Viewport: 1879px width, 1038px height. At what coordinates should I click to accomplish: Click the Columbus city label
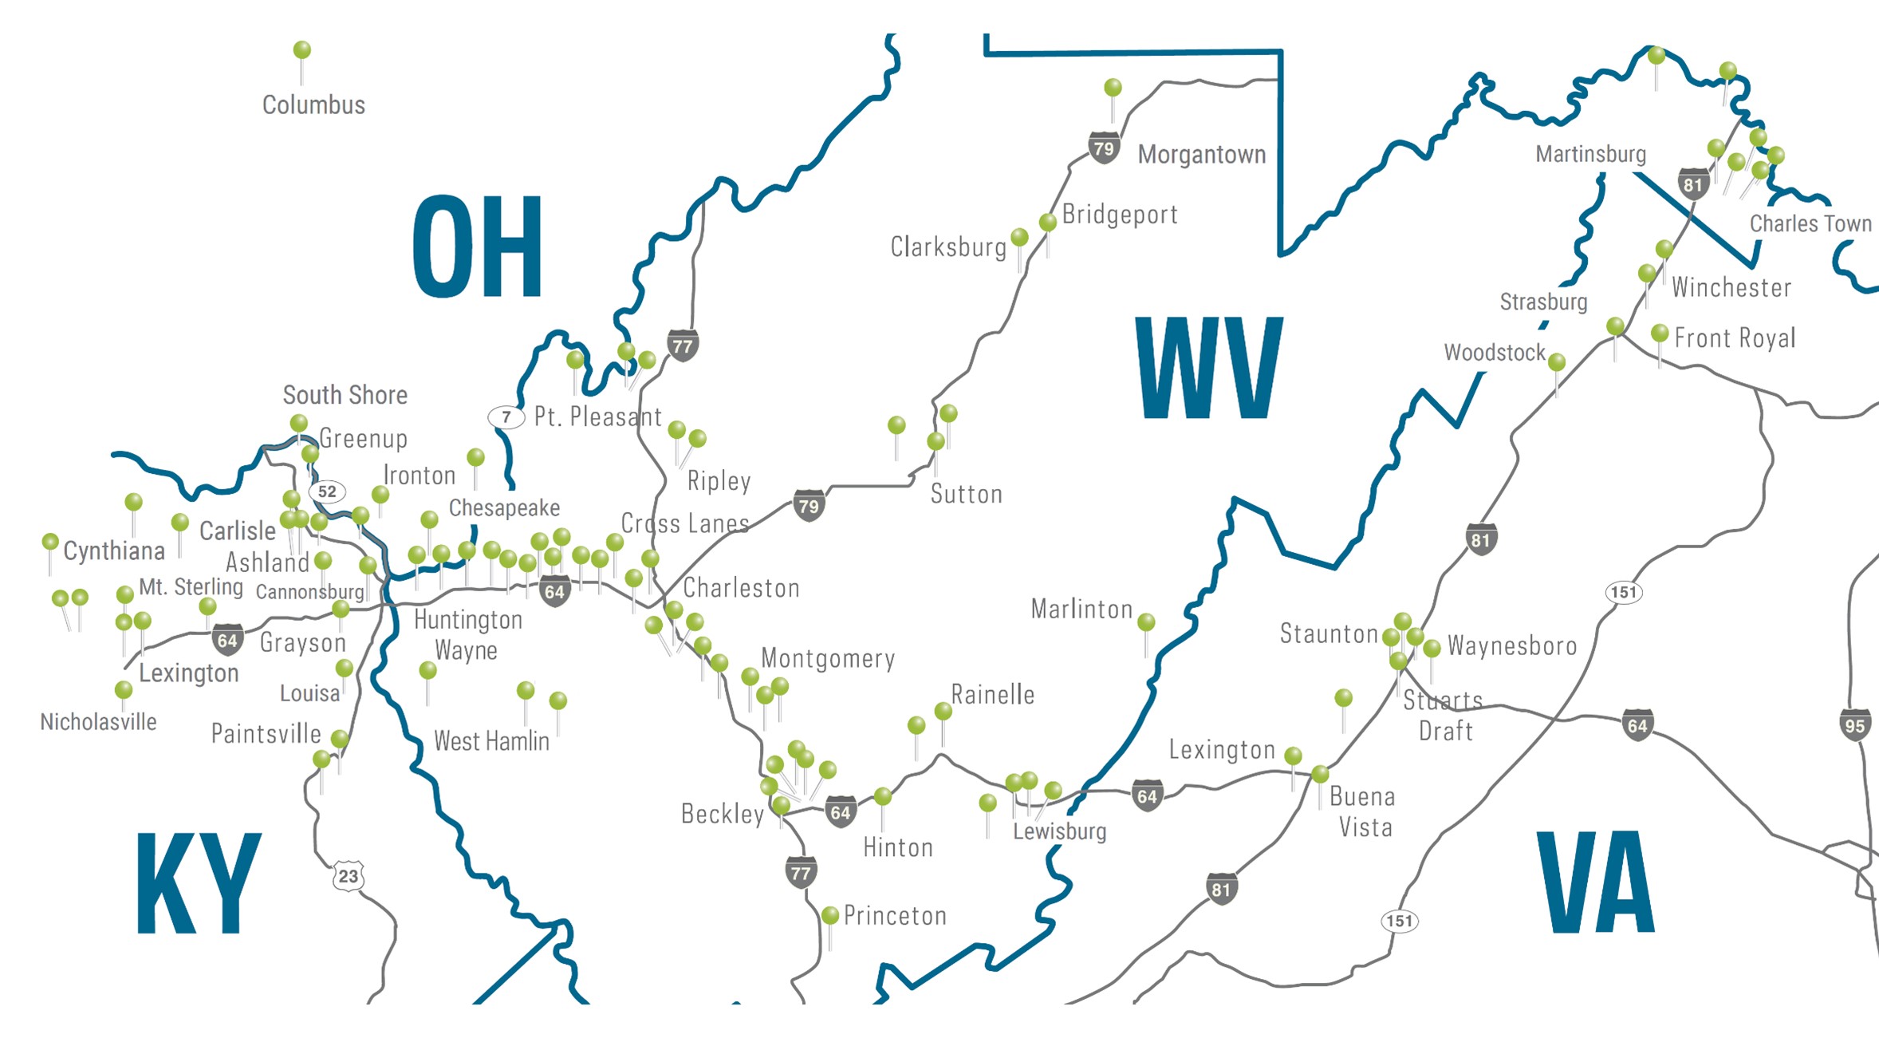coord(313,105)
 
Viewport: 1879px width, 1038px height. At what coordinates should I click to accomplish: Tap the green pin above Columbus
coord(301,50)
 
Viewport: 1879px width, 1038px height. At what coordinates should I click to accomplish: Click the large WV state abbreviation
coord(1209,369)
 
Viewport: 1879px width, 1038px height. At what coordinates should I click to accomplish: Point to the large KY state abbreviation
coord(199,883)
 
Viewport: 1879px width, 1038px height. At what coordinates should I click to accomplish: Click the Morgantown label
coord(1201,154)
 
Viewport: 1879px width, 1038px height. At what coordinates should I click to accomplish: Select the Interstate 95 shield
coord(1855,725)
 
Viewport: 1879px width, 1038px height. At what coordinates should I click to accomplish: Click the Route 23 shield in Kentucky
coord(348,876)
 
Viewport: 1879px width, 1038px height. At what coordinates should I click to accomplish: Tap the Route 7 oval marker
coord(506,416)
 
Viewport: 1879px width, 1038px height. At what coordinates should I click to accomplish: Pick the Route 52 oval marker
coord(327,491)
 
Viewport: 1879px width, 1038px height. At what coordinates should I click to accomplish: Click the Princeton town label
coord(895,916)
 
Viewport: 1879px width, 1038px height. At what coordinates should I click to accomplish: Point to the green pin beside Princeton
coord(829,914)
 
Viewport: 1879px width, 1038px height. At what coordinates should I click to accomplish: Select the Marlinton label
coord(1081,610)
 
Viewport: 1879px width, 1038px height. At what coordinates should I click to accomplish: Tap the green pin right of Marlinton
coord(1146,622)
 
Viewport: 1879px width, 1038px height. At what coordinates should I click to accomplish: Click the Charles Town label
coord(1810,223)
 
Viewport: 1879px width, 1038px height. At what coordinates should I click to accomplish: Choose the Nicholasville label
coord(98,722)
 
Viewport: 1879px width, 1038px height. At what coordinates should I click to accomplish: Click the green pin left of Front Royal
coord(1659,333)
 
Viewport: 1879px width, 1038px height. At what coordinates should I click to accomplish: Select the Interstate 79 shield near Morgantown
coord(1103,148)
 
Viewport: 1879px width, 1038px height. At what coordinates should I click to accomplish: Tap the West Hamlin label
coord(491,741)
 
